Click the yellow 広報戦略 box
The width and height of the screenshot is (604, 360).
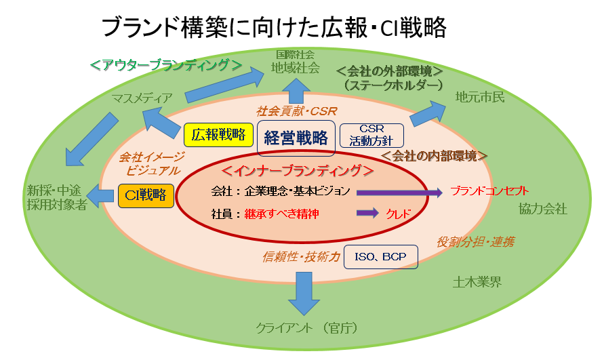218,135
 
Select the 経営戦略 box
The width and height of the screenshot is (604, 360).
296,138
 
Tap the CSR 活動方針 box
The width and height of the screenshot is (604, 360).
371,136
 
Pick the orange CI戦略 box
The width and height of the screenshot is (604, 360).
146,195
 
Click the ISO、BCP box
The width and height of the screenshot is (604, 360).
380,257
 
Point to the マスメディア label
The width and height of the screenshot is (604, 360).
142,99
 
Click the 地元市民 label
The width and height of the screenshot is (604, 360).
480,97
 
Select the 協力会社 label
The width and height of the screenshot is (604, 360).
543,209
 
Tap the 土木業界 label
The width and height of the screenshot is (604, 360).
477,282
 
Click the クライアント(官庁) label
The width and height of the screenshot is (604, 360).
307,328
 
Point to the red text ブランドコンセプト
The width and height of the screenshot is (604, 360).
489,191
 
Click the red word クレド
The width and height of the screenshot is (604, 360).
399,214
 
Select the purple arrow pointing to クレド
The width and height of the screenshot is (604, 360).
367,213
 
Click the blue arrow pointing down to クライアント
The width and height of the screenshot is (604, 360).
304,294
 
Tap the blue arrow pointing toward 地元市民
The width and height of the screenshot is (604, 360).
428,113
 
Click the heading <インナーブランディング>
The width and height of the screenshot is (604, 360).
298,170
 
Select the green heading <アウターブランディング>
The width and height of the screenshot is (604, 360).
166,65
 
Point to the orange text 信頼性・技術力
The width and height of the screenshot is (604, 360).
301,257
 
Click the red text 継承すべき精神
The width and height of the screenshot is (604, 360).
281,214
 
